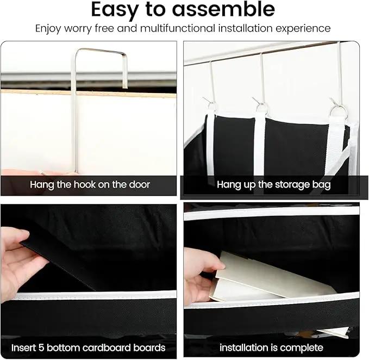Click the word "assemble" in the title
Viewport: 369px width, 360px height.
(223, 9)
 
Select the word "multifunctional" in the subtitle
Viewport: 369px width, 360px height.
(178, 28)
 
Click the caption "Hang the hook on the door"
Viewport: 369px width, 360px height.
(90, 184)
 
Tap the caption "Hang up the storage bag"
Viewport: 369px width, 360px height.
(274, 185)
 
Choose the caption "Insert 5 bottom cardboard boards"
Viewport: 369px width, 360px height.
(89, 347)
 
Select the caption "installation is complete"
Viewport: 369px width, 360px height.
(271, 347)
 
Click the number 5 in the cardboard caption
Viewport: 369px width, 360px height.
(41, 347)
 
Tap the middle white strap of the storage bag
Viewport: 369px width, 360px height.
(260, 146)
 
